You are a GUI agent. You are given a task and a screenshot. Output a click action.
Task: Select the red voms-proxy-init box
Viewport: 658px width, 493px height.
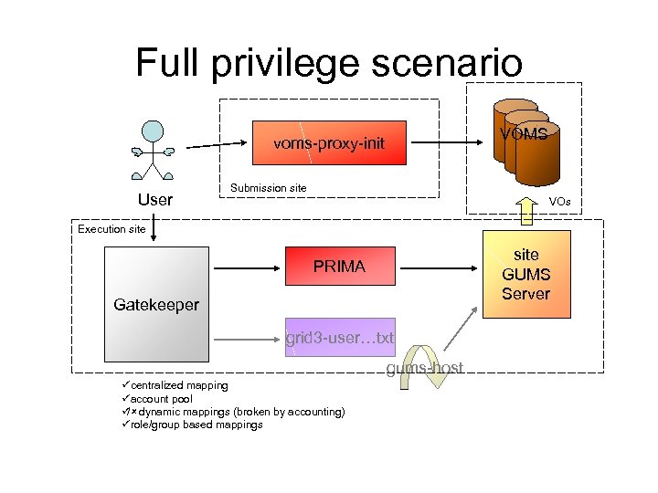pos(329,143)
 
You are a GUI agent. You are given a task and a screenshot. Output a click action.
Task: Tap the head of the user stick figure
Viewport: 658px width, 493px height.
pos(153,131)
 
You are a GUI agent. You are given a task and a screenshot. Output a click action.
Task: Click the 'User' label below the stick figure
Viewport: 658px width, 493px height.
pos(154,198)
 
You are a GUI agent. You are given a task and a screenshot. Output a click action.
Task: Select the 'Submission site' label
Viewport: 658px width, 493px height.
pos(269,188)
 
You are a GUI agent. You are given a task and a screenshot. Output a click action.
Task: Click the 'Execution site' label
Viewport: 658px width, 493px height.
pos(111,229)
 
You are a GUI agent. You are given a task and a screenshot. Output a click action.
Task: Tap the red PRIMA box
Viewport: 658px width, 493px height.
pos(339,267)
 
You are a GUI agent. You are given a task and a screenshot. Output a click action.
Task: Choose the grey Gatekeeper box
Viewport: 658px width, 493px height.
pos(157,304)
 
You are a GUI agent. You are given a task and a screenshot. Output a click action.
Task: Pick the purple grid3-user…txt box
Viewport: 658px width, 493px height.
pos(339,338)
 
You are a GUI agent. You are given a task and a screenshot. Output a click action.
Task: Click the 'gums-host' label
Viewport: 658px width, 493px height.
pos(424,368)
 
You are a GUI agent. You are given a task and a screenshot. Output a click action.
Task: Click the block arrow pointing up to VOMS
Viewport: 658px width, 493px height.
pos(527,209)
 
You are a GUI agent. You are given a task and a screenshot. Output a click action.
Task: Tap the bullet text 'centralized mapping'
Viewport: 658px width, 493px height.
pos(178,386)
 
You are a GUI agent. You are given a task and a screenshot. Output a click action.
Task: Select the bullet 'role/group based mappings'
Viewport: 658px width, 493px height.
pos(196,425)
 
